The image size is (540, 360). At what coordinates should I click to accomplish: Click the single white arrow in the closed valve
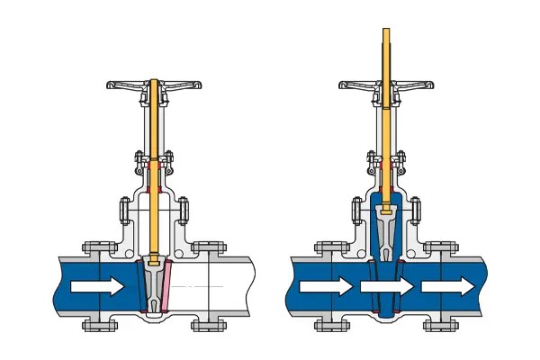coord(98,287)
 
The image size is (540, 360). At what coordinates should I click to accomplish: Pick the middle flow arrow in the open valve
coord(387,287)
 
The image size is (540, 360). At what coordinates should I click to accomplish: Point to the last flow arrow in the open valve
coord(447,287)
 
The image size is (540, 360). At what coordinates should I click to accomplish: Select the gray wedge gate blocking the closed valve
coord(154,286)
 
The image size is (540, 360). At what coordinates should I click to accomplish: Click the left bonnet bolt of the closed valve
coord(124,212)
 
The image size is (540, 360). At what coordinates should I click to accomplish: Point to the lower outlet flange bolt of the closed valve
coord(210,325)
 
